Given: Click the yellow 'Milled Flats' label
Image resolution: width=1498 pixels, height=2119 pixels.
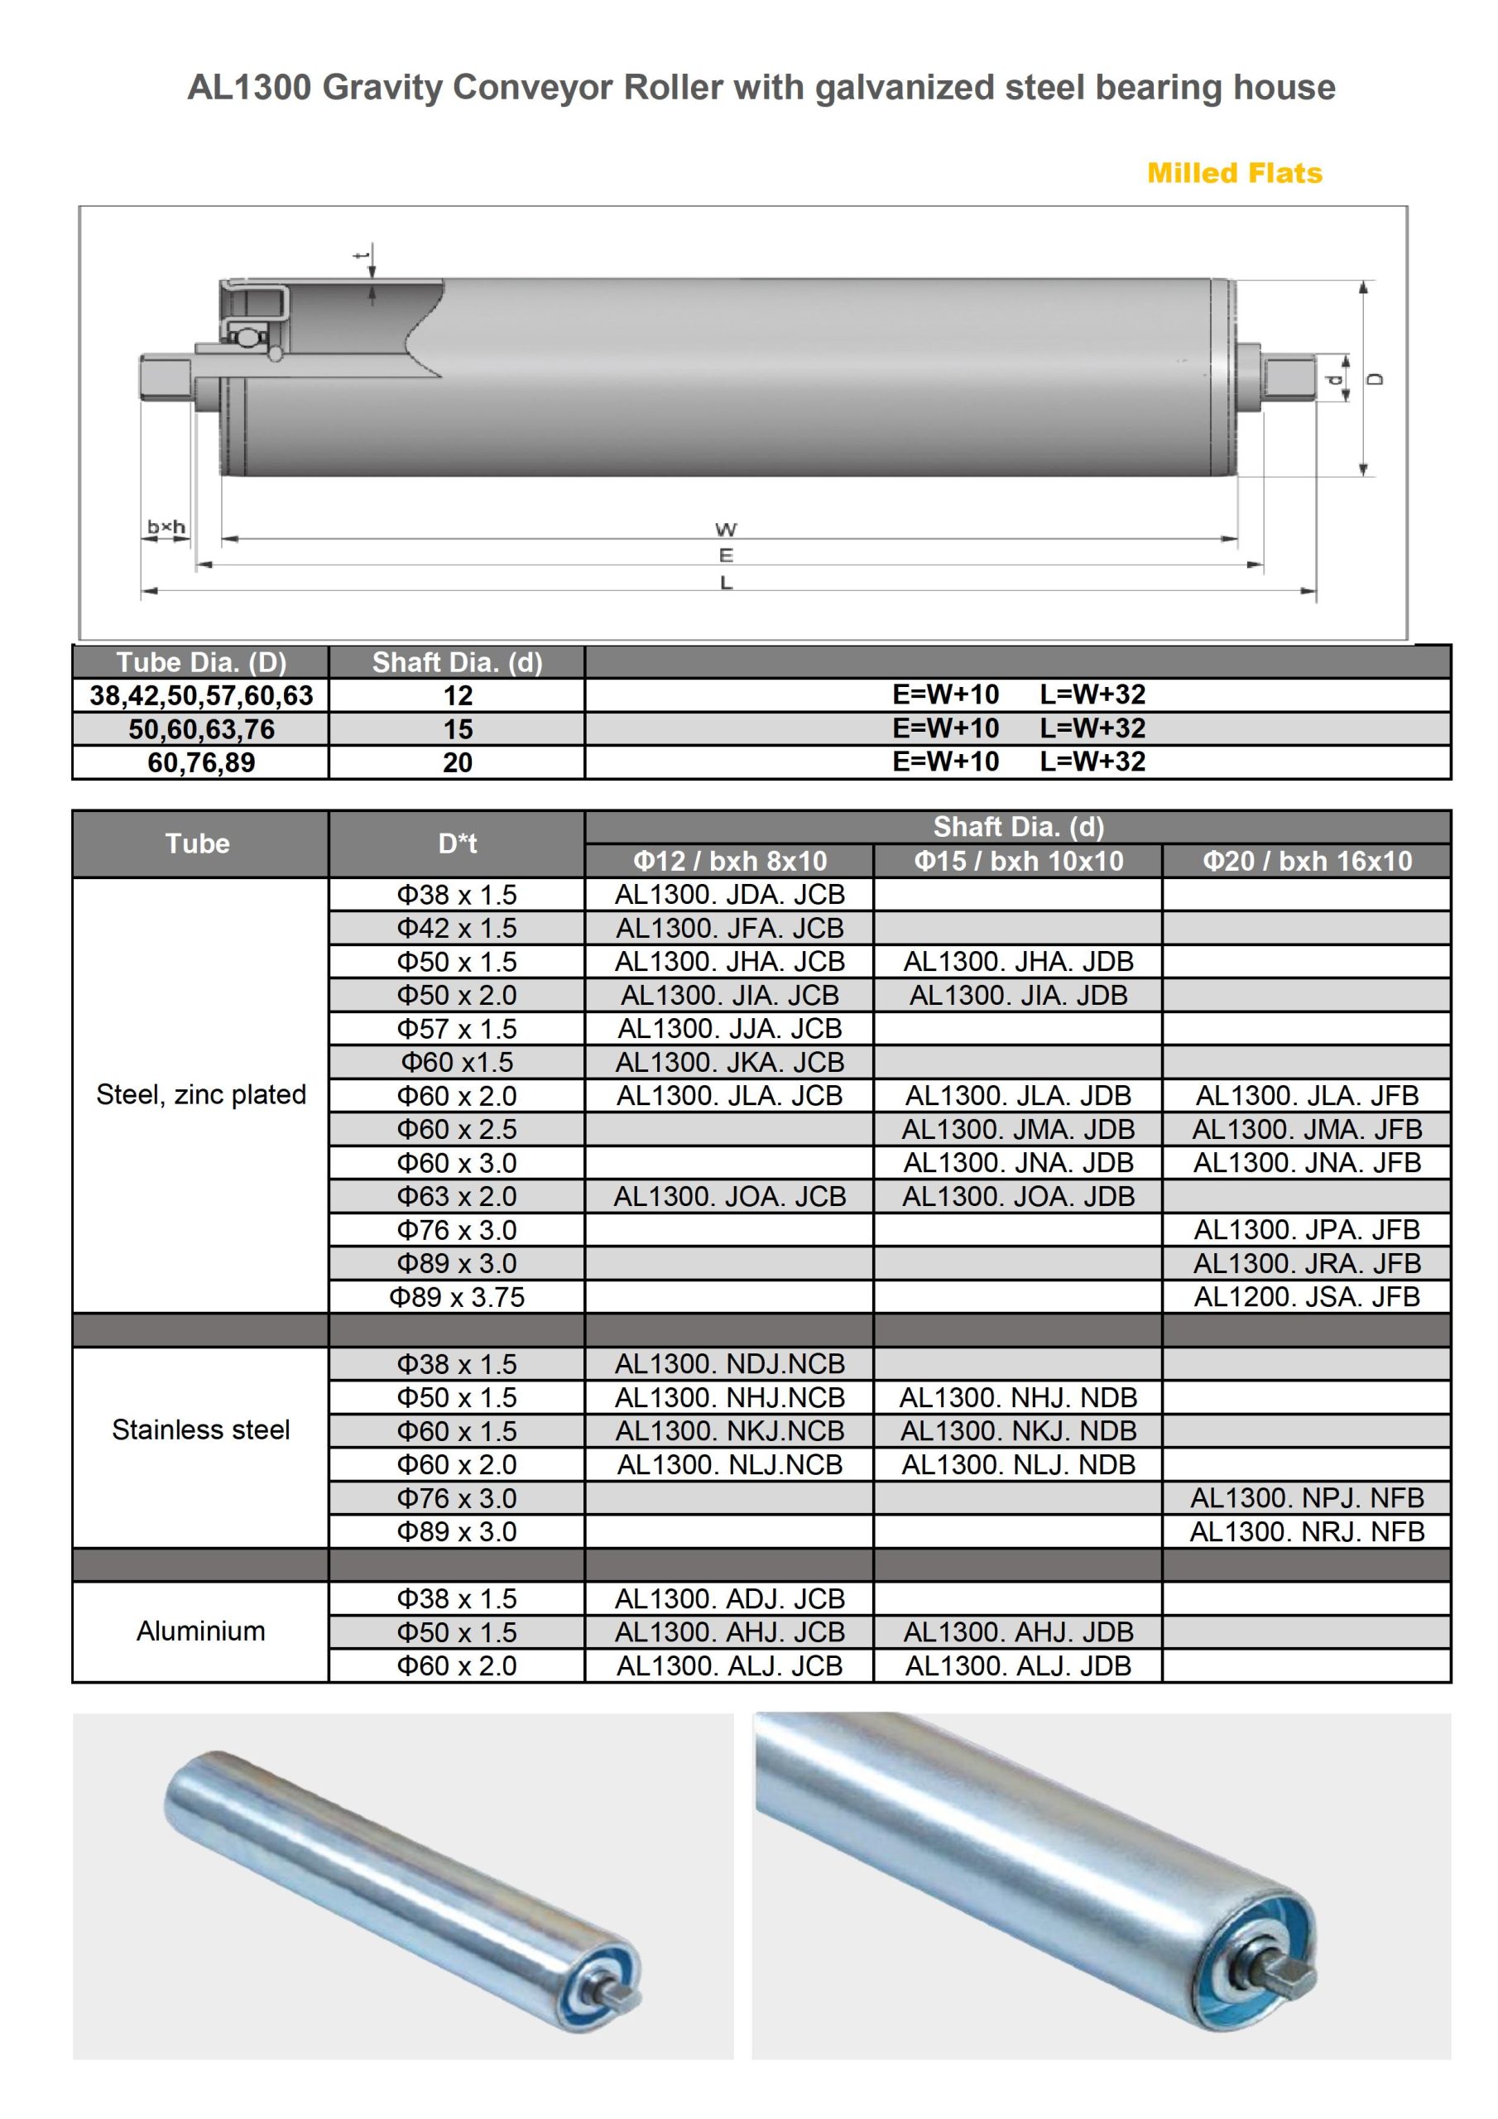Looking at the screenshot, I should pyautogui.click(x=1234, y=173).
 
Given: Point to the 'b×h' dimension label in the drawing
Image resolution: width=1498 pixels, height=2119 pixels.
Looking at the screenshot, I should pyautogui.click(x=166, y=527).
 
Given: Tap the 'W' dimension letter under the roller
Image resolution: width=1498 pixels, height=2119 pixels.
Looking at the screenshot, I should pyautogui.click(x=726, y=530).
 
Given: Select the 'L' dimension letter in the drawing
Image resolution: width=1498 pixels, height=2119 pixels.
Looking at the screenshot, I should pyautogui.click(x=727, y=584).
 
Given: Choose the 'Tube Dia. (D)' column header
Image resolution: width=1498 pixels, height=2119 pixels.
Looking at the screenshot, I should pyautogui.click(x=201, y=661).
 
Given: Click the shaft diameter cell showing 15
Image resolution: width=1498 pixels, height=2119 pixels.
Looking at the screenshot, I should pyautogui.click(x=457, y=729).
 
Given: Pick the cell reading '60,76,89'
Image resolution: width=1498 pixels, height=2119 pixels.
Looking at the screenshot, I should pyautogui.click(x=201, y=762).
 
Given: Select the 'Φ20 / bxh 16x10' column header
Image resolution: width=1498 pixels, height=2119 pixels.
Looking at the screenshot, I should pyautogui.click(x=1306, y=861).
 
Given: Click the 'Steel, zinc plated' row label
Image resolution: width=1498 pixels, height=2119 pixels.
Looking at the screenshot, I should pyautogui.click(x=201, y=1094).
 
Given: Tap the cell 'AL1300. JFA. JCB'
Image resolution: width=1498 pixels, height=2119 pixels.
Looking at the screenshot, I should pyautogui.click(x=729, y=928).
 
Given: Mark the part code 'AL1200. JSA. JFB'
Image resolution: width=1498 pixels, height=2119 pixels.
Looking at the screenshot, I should pyautogui.click(x=1306, y=1297).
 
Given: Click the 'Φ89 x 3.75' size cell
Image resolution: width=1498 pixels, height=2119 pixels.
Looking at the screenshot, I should pyautogui.click(x=457, y=1297).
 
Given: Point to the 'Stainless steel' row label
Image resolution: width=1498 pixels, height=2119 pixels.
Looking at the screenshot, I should pyautogui.click(x=201, y=1429).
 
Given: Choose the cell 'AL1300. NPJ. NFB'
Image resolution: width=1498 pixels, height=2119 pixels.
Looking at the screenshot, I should pyautogui.click(x=1306, y=1498).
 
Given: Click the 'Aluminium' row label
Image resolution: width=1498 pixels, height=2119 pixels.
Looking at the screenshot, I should pyautogui.click(x=201, y=1631).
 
